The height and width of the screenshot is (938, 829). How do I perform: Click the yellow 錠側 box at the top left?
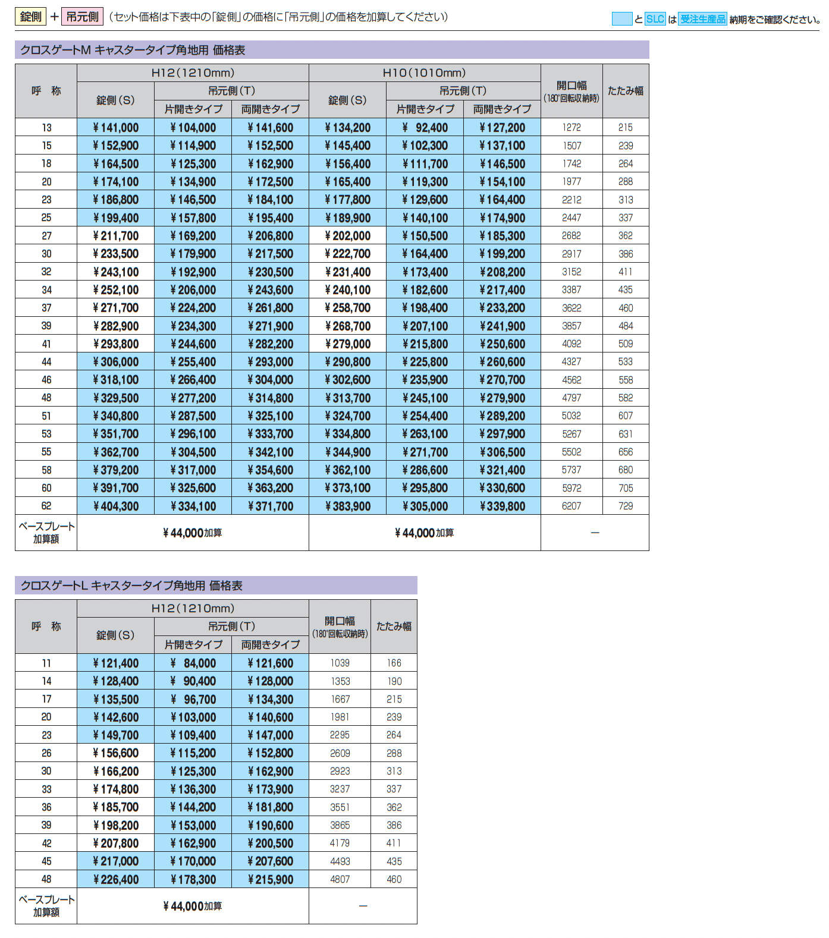(30, 17)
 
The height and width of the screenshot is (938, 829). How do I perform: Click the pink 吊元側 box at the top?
(82, 17)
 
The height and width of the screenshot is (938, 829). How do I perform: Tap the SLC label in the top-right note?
(655, 19)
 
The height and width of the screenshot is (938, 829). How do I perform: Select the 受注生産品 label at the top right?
(702, 19)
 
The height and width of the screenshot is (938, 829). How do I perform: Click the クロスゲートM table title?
(133, 50)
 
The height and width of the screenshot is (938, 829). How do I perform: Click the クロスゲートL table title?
(131, 586)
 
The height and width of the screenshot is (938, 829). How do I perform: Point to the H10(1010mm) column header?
(424, 73)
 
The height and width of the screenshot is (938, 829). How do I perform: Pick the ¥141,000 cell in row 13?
(116, 127)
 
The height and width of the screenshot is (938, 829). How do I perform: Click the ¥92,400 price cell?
(425, 127)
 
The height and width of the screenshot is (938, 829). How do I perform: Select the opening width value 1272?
(571, 127)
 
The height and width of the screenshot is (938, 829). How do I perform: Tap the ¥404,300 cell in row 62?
(116, 506)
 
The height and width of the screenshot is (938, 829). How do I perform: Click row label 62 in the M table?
(46, 506)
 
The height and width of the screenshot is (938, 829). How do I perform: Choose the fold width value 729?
(626, 506)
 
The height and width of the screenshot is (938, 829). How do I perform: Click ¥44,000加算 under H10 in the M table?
(424, 533)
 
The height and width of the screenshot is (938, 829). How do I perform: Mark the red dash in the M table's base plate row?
(595, 533)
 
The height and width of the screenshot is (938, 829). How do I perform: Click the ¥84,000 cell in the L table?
(193, 663)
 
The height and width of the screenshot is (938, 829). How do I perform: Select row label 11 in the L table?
(46, 663)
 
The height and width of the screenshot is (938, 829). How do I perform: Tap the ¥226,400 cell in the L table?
(116, 880)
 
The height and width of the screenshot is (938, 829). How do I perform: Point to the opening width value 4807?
(340, 880)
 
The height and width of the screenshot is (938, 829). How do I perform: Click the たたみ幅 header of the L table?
(394, 627)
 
